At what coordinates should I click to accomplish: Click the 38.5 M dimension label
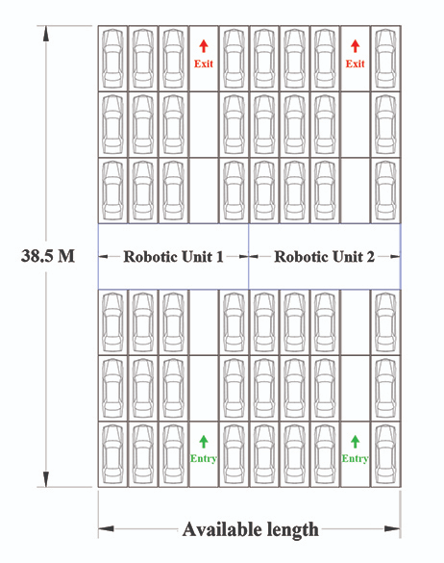tap(48, 256)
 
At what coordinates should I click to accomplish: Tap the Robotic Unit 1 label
tap(174, 257)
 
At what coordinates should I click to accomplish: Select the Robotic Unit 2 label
tap(324, 257)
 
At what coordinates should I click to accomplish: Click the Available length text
tap(250, 529)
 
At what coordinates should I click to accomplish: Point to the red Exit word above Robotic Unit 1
tap(204, 64)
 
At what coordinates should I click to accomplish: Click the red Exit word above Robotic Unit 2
tap(355, 64)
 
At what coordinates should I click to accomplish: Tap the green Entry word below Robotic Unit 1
tap(204, 458)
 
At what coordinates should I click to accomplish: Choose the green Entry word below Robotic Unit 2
tap(355, 458)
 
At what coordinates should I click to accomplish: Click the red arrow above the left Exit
tap(204, 46)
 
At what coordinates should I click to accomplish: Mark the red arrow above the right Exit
tap(355, 46)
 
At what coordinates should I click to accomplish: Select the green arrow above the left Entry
tap(204, 442)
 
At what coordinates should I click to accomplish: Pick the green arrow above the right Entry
tap(355, 442)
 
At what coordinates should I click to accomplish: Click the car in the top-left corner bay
tap(112, 59)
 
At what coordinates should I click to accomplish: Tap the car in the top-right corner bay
tap(385, 59)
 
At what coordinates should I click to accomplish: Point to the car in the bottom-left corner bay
tap(112, 454)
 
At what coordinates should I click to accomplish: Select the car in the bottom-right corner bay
tap(385, 454)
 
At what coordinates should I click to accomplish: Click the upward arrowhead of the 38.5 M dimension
tap(46, 34)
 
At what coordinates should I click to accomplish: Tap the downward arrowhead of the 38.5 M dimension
tap(46, 479)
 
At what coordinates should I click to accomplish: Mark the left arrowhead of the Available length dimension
tap(106, 529)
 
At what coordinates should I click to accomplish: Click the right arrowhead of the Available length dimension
tap(392, 529)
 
